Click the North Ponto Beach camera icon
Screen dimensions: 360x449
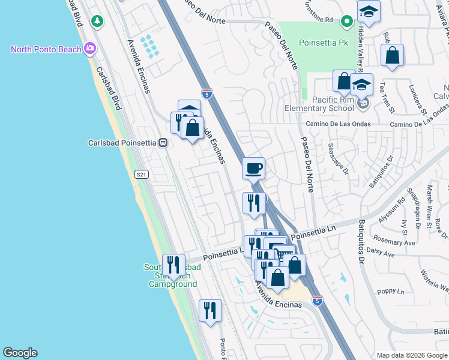pos(90,49)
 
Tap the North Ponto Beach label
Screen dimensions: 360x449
pos(46,49)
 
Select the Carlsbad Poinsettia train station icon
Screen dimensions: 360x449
pos(162,143)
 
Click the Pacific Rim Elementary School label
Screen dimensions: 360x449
pos(319,104)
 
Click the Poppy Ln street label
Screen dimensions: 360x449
pos(391,291)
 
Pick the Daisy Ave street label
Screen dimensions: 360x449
pos(380,254)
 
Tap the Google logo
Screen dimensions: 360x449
pos(20,353)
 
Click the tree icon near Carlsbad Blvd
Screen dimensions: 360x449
pos(97,21)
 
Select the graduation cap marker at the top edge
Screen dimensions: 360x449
pos(369,11)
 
